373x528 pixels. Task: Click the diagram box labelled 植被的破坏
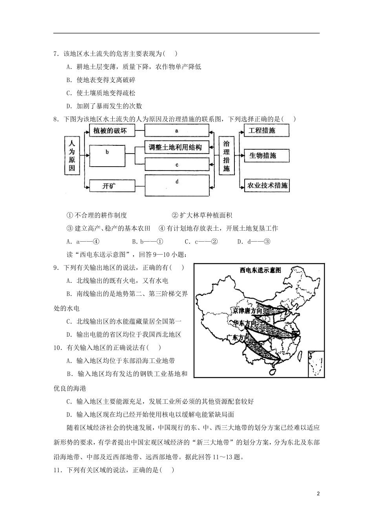pyautogui.click(x=110, y=131)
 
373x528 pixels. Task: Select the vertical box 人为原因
pyautogui.click(x=72, y=156)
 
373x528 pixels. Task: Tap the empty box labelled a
pyautogui.click(x=177, y=130)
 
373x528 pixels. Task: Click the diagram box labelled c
pyautogui.click(x=177, y=165)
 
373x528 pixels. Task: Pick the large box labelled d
pyautogui.click(x=177, y=185)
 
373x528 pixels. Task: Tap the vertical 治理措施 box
pyautogui.click(x=227, y=156)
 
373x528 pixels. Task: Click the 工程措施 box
pyautogui.click(x=266, y=131)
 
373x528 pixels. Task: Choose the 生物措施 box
pyautogui.click(x=266, y=156)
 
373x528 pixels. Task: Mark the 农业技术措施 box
pyautogui.click(x=266, y=185)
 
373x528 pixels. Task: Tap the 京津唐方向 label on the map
pyautogui.click(x=247, y=311)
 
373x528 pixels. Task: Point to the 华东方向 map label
pyautogui.click(x=245, y=323)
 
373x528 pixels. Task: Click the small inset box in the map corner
pyautogui.click(x=316, y=363)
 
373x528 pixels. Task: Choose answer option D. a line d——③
pyautogui.click(x=254, y=241)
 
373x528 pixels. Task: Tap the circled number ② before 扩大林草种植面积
pyautogui.click(x=175, y=215)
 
